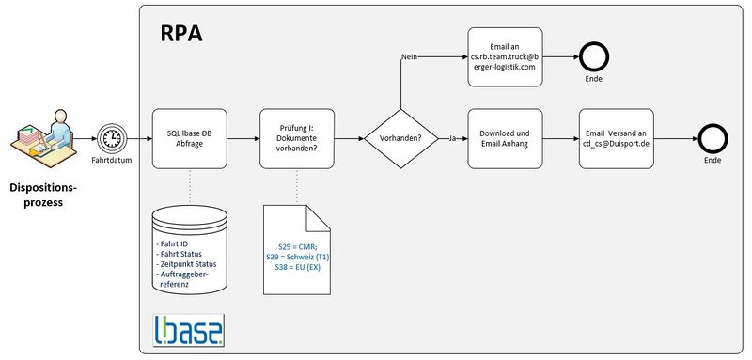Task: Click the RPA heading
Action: [x=181, y=34]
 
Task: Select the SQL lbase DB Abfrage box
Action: [x=190, y=138]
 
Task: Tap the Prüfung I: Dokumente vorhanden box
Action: [x=297, y=138]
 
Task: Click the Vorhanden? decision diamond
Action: [x=401, y=138]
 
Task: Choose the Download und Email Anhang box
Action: [x=505, y=138]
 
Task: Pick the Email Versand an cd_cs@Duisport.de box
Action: [x=617, y=138]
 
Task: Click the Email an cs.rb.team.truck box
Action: [x=505, y=57]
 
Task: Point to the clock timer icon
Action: [x=111, y=138]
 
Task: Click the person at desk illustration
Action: [x=44, y=138]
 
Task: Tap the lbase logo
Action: [x=189, y=330]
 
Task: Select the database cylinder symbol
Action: [x=190, y=250]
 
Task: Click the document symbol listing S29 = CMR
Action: [x=297, y=250]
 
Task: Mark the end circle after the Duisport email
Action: [x=713, y=138]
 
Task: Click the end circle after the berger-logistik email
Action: [x=594, y=57]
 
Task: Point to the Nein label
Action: [x=409, y=57]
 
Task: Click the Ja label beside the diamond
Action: [x=452, y=138]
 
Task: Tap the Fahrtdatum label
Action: [x=112, y=160]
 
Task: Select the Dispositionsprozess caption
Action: [x=43, y=195]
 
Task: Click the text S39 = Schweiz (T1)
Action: [x=297, y=258]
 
